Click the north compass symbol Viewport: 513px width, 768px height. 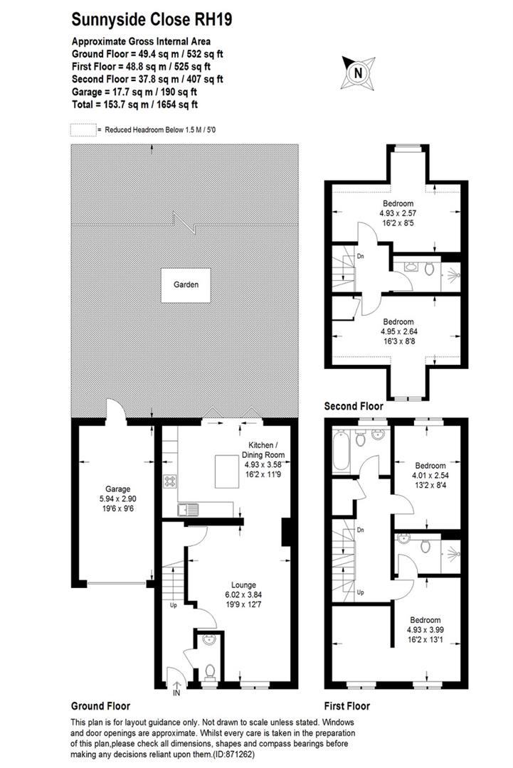[358, 72]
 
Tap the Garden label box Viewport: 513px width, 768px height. [186, 285]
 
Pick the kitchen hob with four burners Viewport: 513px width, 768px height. [171, 481]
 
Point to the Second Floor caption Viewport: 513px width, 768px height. [354, 407]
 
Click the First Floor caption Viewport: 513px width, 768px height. [347, 707]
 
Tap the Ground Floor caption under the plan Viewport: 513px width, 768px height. [100, 707]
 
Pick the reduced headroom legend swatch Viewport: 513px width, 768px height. [83, 130]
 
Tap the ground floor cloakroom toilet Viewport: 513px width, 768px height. [208, 670]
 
